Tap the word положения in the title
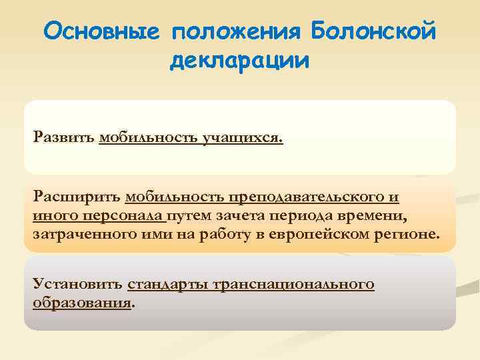tap(236, 31)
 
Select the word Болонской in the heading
tap(373, 31)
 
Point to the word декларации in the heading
tap(239, 61)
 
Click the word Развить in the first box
tap(63, 139)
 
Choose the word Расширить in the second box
tap(77, 197)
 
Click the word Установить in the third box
tap(77, 285)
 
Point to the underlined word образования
tap(82, 303)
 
